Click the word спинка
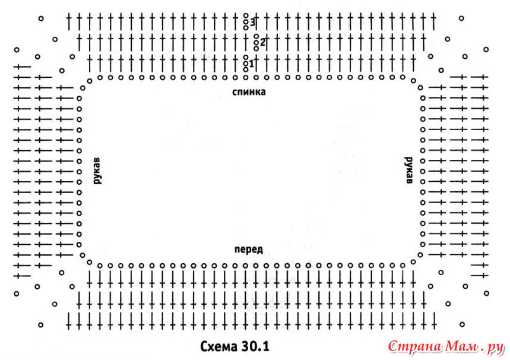pyautogui.click(x=249, y=92)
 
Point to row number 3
pyautogui.click(x=252, y=22)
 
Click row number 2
pyautogui.click(x=262, y=42)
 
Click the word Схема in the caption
pyautogui.click(x=219, y=345)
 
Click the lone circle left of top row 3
pyautogui.click(x=40, y=18)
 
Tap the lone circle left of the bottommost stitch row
pyautogui.click(x=40, y=324)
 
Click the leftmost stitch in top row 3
pyautogui.click(x=69, y=22)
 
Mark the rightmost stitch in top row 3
pyautogui.click(x=433, y=22)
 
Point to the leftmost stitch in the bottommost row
pyautogui.click(x=69, y=320)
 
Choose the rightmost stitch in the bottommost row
pyautogui.click(x=435, y=320)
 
